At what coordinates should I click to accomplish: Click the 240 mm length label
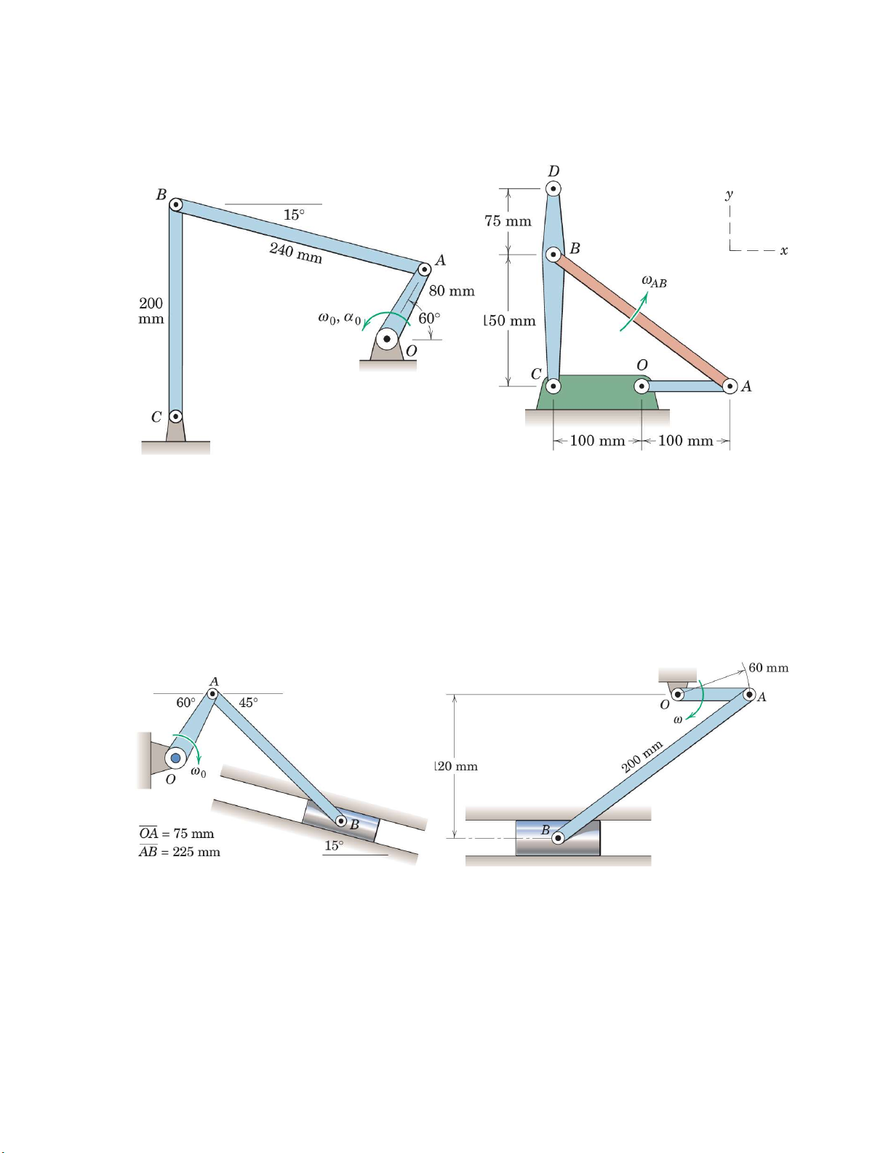(295, 252)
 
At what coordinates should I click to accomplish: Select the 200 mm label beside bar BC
(151, 311)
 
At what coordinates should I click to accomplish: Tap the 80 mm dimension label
(452, 291)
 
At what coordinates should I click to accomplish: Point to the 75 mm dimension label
(508, 220)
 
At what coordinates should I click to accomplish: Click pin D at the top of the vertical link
(554, 188)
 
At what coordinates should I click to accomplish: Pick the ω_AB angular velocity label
(654, 282)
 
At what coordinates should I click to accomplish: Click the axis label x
(784, 250)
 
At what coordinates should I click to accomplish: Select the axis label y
(730, 194)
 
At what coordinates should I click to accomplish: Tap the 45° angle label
(248, 703)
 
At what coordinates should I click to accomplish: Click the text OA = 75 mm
(177, 833)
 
